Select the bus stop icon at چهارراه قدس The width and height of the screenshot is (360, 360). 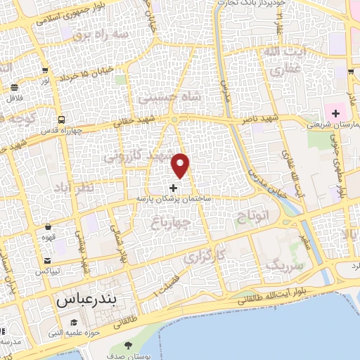coord(63,119)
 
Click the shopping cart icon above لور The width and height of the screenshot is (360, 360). coord(45,70)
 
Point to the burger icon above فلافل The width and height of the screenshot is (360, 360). coord(15,88)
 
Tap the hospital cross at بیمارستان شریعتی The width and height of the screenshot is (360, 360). coord(336,113)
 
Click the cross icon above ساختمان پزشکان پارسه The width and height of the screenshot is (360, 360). coord(174,188)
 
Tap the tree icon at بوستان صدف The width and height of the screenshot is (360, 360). coord(128,345)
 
